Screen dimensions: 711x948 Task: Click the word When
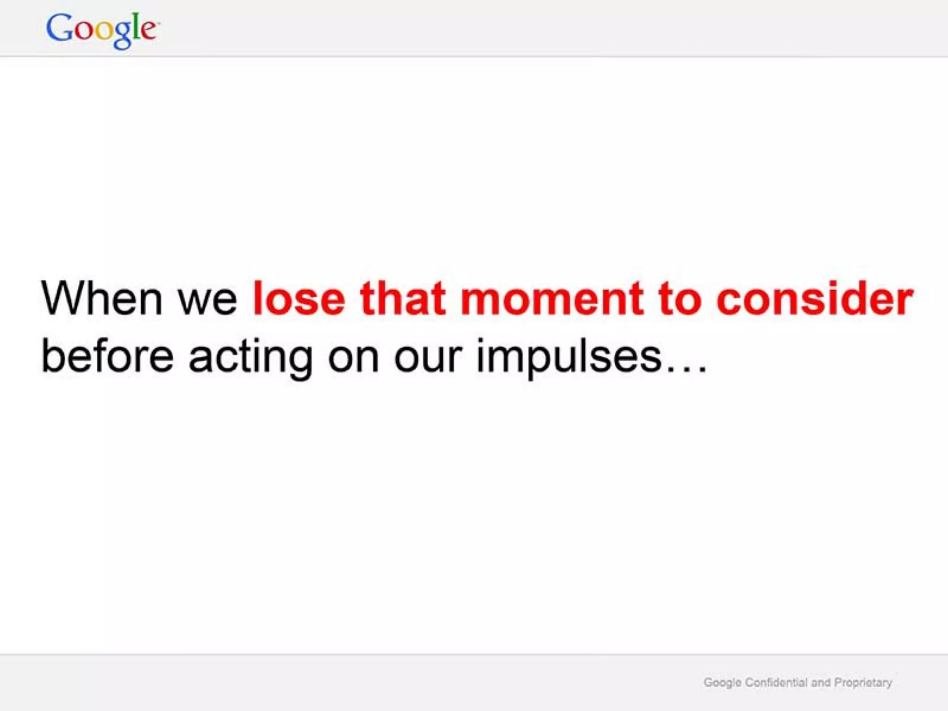click(102, 299)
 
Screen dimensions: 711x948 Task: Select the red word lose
click(299, 299)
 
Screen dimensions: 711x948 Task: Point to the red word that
click(403, 299)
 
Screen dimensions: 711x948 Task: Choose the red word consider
click(815, 299)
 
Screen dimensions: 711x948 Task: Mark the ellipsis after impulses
click(686, 368)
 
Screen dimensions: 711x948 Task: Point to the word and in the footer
click(821, 682)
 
